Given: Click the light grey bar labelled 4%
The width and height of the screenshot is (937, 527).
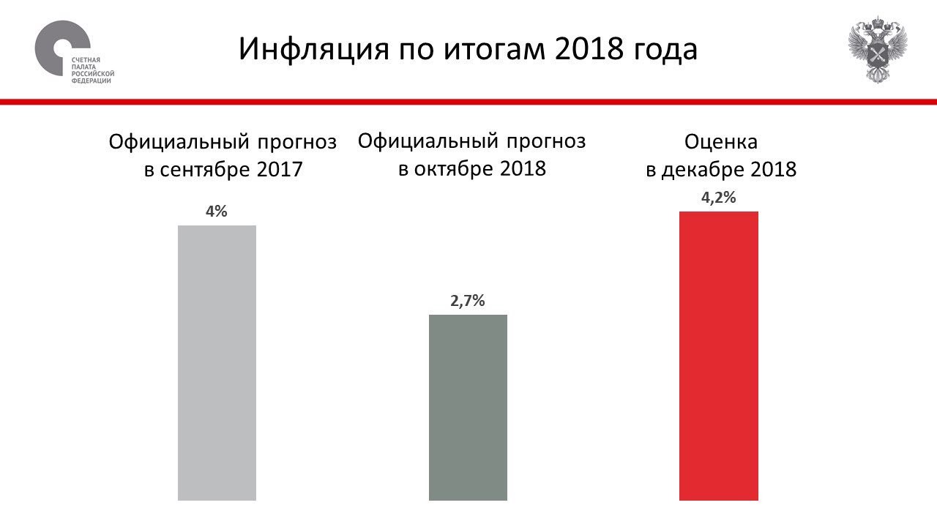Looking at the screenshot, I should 217,362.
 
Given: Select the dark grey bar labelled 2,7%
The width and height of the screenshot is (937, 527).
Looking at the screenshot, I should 468,407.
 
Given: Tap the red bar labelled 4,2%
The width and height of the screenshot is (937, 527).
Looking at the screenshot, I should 718,356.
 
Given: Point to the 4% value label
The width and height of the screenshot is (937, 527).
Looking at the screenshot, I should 217,212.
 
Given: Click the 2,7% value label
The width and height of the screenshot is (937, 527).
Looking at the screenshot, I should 468,301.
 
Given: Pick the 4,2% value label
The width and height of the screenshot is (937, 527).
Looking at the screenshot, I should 718,198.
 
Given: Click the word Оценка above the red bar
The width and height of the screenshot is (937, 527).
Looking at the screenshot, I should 721,141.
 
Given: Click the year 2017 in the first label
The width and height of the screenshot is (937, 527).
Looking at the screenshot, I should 280,170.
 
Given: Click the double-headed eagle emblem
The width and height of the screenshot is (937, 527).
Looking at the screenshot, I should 877,50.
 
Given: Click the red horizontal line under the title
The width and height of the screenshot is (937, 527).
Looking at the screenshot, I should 468,101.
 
